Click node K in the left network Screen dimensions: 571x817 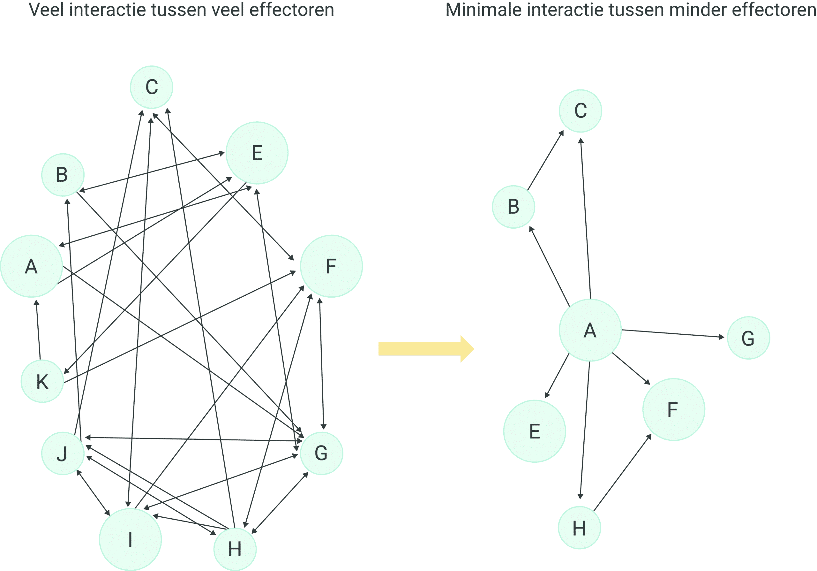pos(42,381)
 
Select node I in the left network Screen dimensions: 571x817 pos(130,540)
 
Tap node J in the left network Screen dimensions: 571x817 pos(63,453)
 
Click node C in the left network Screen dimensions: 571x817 pos(152,87)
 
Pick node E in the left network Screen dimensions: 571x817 pos(257,153)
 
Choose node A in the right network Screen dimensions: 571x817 pos(590,330)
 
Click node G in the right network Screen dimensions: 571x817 pos(748,338)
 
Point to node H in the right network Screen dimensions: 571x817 pos(579,528)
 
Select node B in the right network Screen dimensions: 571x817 pos(513,207)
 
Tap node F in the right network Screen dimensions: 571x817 pos(674,409)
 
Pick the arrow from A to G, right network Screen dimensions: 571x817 pos(672,333)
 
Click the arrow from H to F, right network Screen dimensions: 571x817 pos(622,473)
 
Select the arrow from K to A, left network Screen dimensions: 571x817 pos(38,330)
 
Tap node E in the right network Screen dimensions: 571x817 pos(535,431)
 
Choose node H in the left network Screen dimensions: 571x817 pos(235,549)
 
